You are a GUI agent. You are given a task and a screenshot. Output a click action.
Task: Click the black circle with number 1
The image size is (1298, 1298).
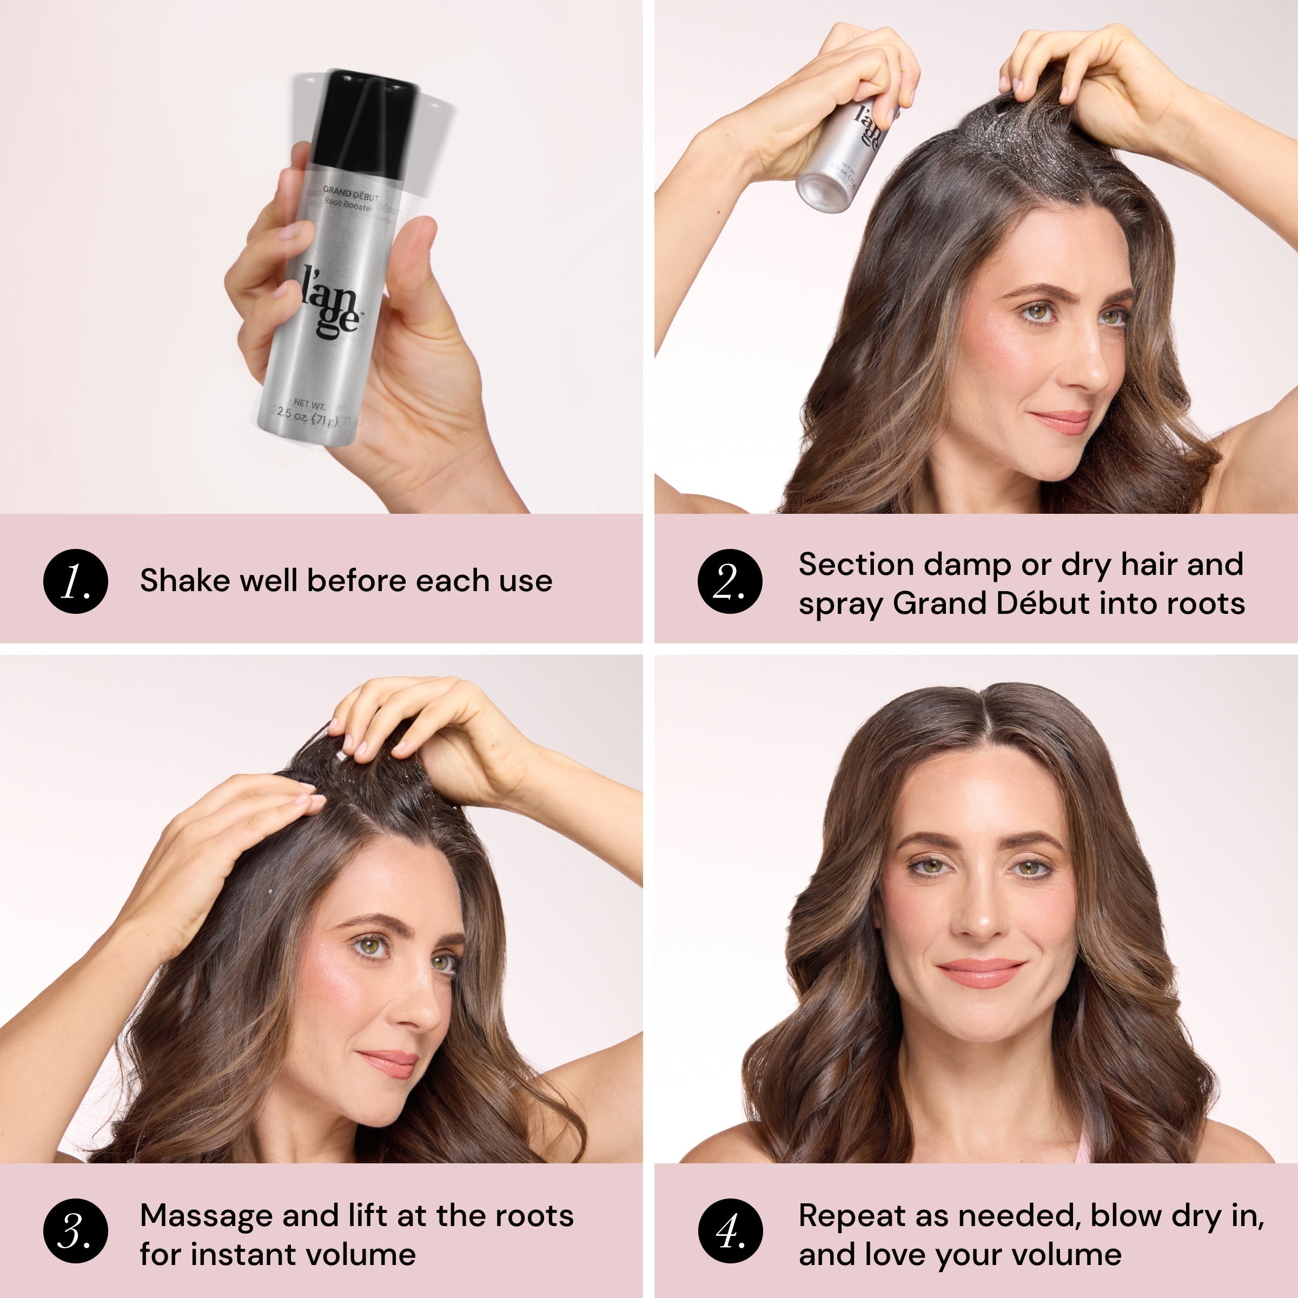click(75, 581)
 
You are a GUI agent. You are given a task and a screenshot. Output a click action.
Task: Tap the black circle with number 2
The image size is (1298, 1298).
click(730, 581)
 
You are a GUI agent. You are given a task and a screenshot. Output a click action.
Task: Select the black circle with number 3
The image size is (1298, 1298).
click(75, 1231)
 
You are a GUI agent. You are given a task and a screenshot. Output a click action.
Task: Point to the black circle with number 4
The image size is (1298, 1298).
click(730, 1231)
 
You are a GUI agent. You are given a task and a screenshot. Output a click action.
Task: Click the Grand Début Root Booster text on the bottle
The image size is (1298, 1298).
click(349, 200)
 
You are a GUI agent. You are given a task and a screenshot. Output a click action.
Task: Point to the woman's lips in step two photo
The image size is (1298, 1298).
click(1062, 422)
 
